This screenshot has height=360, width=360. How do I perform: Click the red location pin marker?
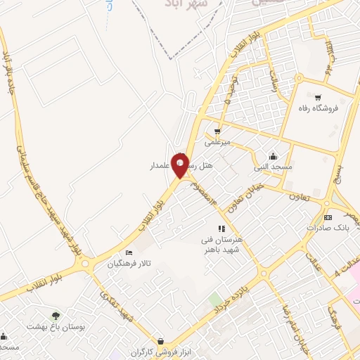tap(180, 165)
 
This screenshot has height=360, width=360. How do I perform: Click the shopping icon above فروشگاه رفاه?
tap(319, 98)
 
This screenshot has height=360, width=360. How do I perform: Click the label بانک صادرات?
tap(327, 229)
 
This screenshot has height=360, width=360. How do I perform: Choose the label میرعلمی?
tap(217, 141)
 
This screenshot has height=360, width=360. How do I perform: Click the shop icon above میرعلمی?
tap(217, 131)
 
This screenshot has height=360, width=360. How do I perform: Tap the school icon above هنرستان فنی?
tap(221, 228)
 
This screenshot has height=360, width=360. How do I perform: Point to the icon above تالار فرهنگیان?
tap(129, 253)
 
